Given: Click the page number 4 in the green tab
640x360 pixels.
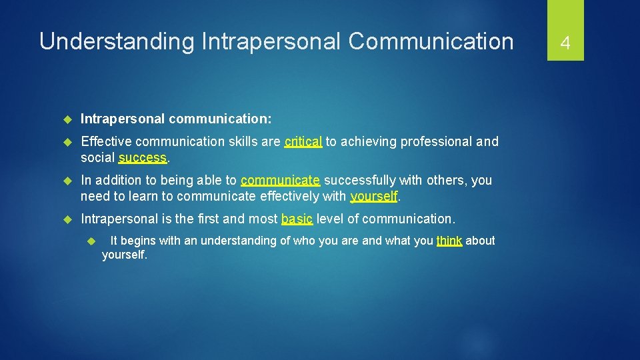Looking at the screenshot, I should point(565,43).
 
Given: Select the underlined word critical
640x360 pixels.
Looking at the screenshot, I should point(303,142).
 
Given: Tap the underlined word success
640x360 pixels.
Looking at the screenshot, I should point(143,158).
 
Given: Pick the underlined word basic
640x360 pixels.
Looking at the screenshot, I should point(297,219).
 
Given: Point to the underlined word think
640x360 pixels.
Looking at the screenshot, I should point(449,241).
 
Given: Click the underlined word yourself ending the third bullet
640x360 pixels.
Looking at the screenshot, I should point(374,197).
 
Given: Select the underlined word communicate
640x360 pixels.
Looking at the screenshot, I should point(280,181).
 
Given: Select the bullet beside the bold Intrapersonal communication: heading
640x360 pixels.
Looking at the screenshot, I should point(67,119).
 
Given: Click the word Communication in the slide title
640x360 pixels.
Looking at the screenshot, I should point(431,41).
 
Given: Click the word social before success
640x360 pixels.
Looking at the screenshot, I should point(97,158).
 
